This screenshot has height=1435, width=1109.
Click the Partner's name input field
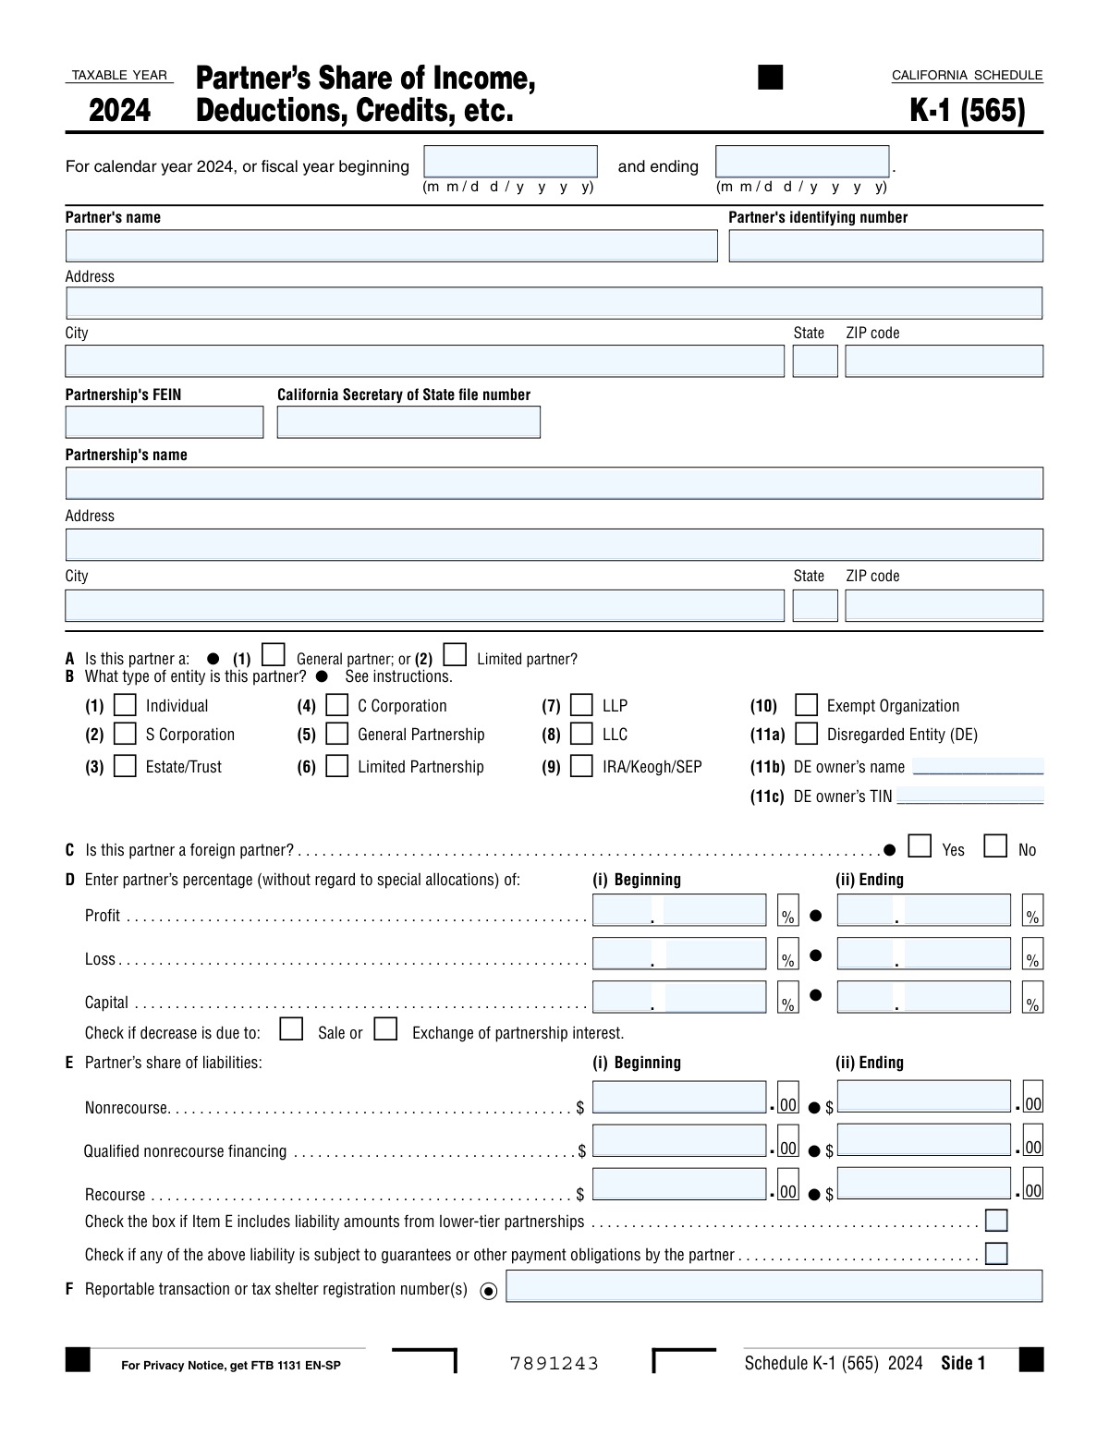[x=391, y=246]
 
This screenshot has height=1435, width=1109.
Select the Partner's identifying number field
[x=885, y=246]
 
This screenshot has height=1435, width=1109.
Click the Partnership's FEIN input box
[x=165, y=422]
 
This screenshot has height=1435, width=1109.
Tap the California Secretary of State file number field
[x=408, y=422]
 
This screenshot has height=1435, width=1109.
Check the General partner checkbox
[x=273, y=655]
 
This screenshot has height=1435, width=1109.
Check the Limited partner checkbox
[x=455, y=655]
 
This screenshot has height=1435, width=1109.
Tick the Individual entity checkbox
[x=125, y=705]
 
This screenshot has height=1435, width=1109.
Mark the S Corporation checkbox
[x=125, y=734]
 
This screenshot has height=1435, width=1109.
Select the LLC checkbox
[x=581, y=734]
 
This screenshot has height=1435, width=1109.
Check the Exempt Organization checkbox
[x=806, y=705]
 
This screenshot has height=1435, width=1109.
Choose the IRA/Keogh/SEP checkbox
[x=581, y=766]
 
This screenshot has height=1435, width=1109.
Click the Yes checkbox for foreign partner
[x=920, y=846]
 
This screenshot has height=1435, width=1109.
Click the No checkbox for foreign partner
[x=995, y=846]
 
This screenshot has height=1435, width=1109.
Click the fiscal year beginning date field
[x=510, y=162]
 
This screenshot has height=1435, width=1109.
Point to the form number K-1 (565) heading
[x=968, y=110]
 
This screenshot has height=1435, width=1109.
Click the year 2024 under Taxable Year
[x=119, y=110]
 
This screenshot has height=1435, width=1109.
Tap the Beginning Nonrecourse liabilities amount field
[x=679, y=1097]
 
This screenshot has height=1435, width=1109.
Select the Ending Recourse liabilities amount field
[x=923, y=1184]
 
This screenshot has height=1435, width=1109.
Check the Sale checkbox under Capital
[x=291, y=1029]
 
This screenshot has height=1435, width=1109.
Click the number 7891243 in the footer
[x=554, y=1364]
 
